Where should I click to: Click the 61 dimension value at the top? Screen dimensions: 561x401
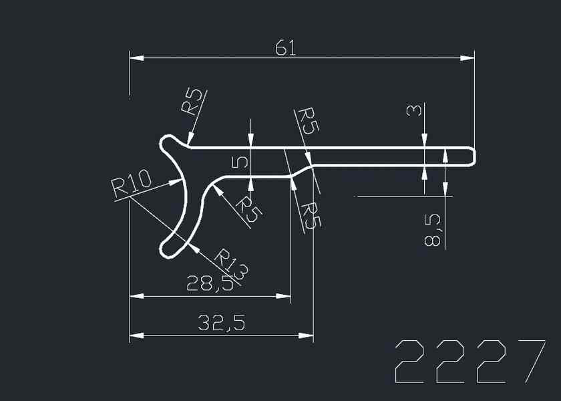tap(286, 48)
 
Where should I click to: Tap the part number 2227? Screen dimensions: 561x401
tap(470, 362)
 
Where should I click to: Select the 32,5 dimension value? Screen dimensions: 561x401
tap(222, 323)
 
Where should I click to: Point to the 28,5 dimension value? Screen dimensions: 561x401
tap(210, 283)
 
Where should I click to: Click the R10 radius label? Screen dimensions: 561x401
tap(132, 183)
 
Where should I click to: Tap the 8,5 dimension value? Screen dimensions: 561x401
tap(433, 230)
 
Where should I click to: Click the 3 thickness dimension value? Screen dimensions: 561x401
tap(414, 110)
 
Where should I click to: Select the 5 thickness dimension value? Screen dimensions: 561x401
tap(240, 162)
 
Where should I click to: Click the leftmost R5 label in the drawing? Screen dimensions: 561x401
tap(192, 102)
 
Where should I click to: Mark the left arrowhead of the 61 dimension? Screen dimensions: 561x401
tap(137, 57)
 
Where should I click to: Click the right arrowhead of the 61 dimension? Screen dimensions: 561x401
tap(467, 57)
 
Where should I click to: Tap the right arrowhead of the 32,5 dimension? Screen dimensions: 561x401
tap(306, 336)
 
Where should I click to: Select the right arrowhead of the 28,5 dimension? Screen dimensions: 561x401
tap(283, 296)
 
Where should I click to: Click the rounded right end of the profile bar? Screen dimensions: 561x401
tap(474, 156)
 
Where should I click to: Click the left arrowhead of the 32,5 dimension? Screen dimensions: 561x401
tap(137, 336)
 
